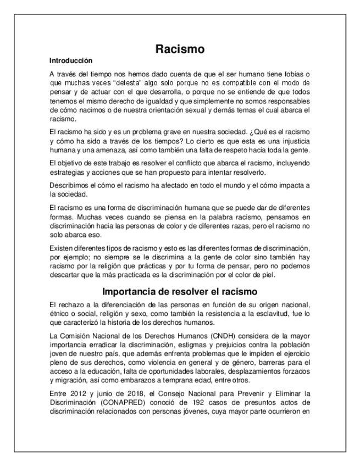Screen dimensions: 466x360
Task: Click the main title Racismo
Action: coord(180,49)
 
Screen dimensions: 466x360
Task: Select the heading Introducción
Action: coord(71,60)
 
